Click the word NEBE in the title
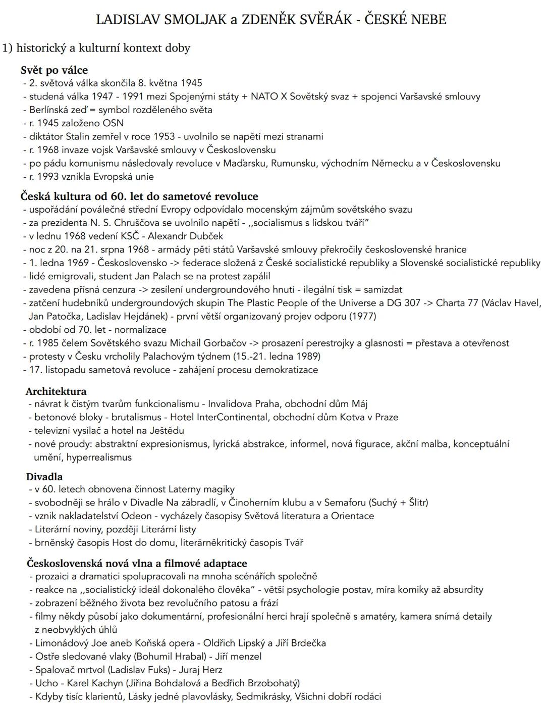pos(428,20)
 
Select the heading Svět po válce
pos(54,70)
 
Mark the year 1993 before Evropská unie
pos(47,177)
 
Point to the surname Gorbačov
pos(223,343)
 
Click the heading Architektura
pos(56,391)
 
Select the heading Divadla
pos(44,477)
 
